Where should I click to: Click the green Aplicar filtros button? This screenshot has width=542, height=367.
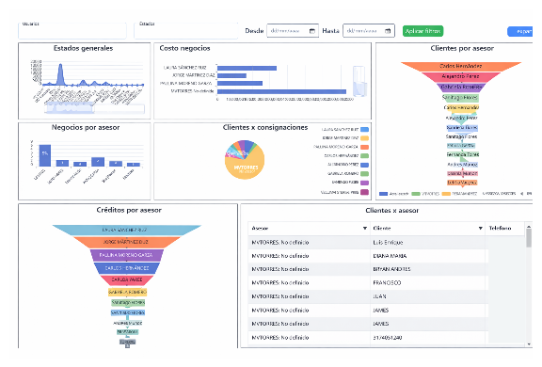(422, 31)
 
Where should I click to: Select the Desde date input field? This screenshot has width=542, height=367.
(292, 31)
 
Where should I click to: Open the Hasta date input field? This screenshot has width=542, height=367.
(368, 31)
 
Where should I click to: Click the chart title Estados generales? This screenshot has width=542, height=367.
(83, 47)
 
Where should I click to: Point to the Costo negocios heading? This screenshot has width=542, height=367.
(184, 47)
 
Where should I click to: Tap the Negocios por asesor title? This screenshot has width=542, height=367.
(83, 127)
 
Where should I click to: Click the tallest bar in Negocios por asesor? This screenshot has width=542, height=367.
(43, 154)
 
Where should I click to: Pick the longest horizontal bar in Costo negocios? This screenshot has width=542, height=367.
(281, 91)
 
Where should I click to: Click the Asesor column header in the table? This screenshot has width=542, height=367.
(262, 228)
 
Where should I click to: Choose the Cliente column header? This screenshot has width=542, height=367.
(381, 228)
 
